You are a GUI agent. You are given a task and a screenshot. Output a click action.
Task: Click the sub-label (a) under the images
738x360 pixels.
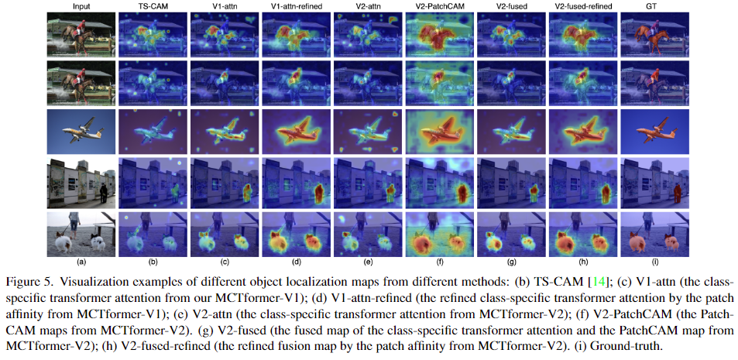(x=81, y=262)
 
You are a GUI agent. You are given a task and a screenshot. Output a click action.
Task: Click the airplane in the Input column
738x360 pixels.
(x=80, y=130)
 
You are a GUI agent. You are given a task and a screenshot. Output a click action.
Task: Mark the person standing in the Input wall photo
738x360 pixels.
(x=103, y=192)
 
